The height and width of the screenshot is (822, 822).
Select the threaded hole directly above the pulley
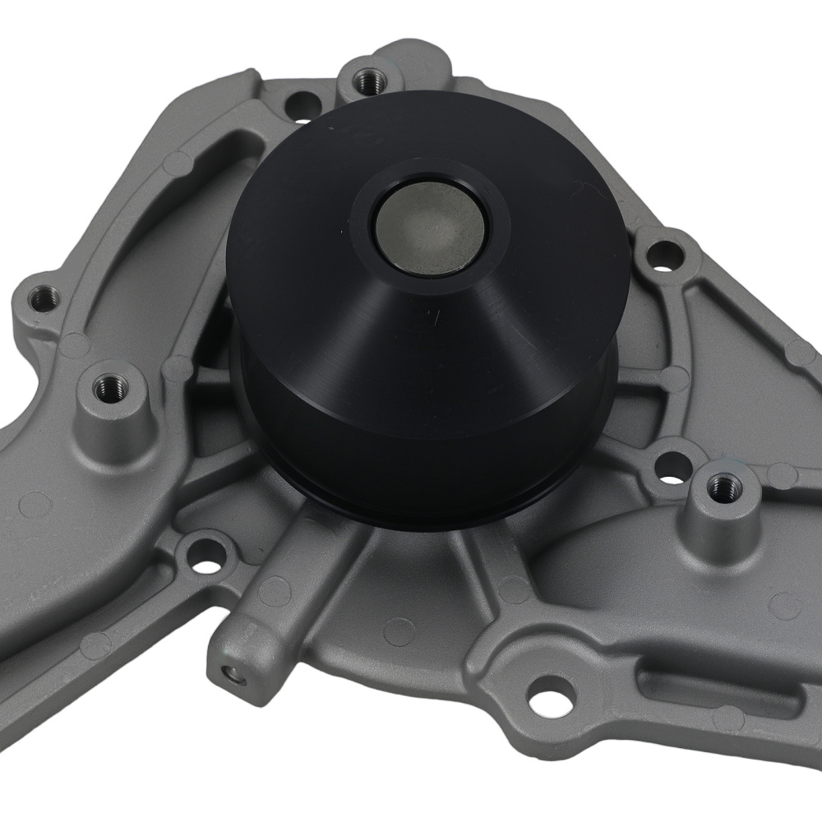point(365,80)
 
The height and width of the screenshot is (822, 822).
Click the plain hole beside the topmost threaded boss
point(303,105)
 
